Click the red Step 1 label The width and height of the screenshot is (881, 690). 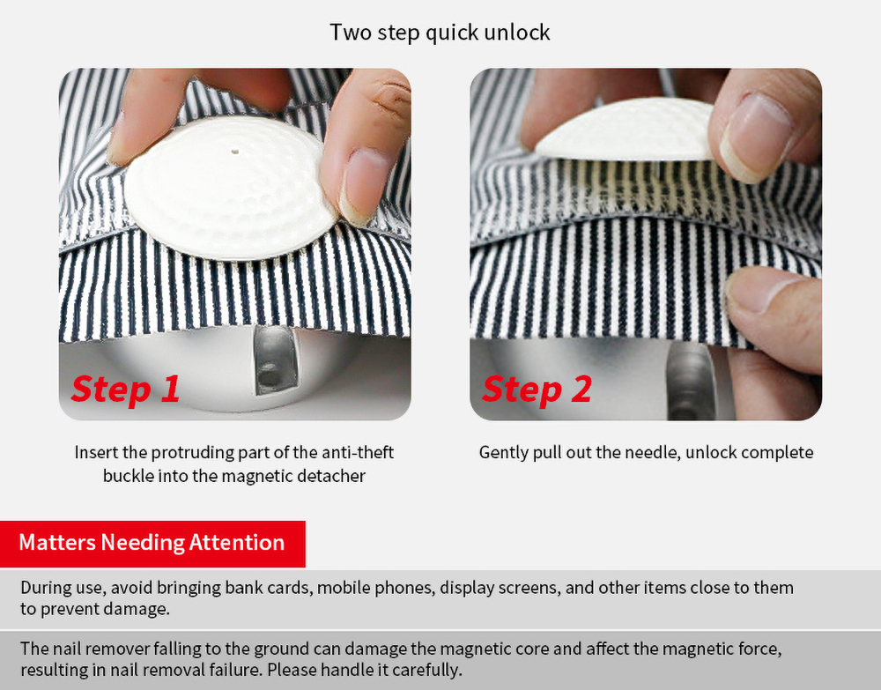[125, 389]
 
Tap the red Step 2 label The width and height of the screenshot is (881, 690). [537, 389]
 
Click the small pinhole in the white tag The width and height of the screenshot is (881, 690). [235, 152]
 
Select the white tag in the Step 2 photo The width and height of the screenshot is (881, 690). [625, 131]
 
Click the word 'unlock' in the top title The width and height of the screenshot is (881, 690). [517, 33]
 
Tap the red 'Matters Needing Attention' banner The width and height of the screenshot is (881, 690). [152, 544]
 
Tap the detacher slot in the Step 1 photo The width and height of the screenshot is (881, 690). [274, 359]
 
